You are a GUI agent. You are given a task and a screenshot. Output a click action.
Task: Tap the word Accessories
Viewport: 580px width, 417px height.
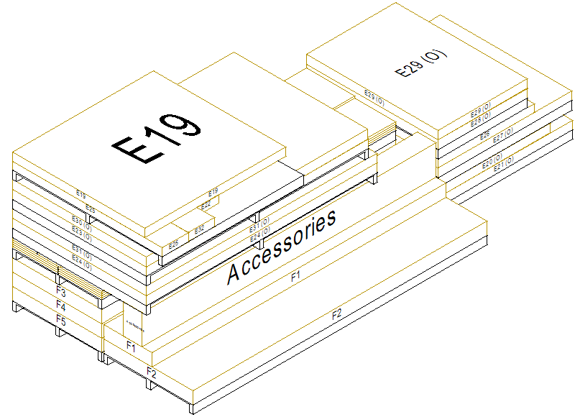(x=281, y=247)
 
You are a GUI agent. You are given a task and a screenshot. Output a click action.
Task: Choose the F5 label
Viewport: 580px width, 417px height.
(x=61, y=321)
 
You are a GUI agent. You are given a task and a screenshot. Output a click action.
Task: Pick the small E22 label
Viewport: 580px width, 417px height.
(x=206, y=204)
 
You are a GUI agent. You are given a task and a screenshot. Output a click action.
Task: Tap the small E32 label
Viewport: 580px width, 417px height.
(x=199, y=230)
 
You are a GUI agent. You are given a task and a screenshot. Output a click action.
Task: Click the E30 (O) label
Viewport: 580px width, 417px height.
(x=82, y=219)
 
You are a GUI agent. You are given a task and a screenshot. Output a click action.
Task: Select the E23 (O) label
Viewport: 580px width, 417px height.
(x=82, y=230)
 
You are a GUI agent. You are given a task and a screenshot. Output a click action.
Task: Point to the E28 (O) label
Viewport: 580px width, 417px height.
(x=481, y=113)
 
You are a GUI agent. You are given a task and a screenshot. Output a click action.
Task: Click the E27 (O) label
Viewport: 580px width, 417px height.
(x=502, y=132)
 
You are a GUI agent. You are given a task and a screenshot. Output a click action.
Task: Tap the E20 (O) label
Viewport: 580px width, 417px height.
(x=492, y=165)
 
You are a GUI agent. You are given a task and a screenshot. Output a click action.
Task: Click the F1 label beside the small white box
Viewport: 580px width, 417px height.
(x=132, y=346)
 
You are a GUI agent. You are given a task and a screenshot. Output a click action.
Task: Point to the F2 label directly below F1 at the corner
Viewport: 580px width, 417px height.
(x=152, y=372)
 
